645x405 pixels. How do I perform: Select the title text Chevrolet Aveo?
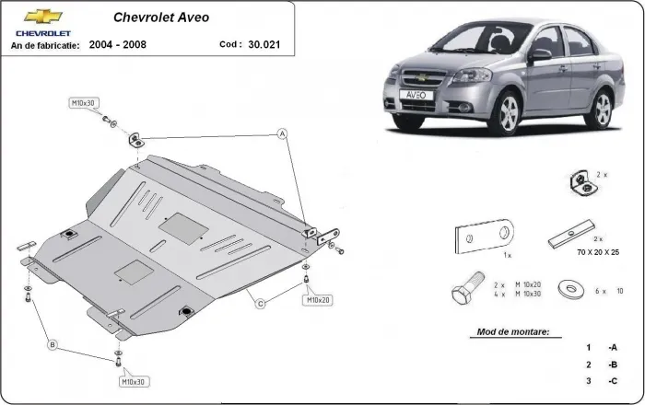pos(159,17)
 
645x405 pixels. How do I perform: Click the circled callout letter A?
pos(283,135)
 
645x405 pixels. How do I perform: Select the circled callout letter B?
pos(53,344)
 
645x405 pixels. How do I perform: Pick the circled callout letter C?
pos(261,303)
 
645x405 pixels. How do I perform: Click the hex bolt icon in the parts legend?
pos(464,291)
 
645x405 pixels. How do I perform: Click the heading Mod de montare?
pos(513,330)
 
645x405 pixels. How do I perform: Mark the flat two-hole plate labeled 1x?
pos(487,238)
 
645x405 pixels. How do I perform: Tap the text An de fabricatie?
pos(45,44)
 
